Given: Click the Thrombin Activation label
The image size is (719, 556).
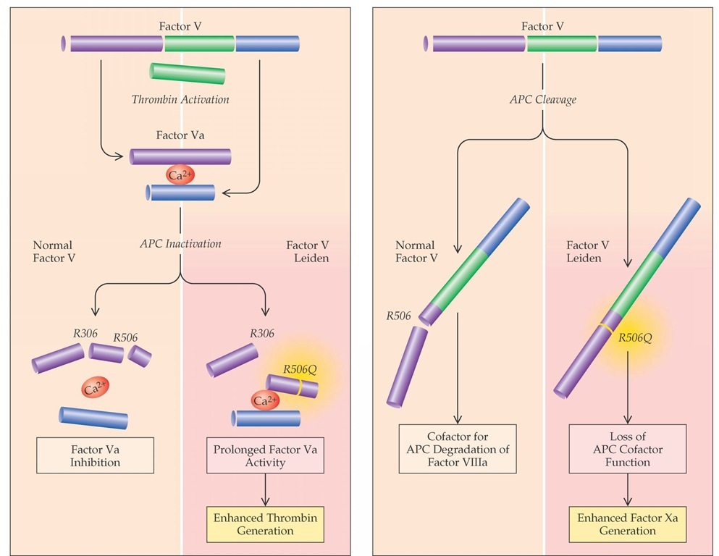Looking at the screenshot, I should point(180,99).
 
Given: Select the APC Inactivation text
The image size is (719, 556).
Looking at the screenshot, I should point(180,243).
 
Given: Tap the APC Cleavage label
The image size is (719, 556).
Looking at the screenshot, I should point(542,99).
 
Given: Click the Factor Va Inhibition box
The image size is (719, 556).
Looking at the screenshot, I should point(96,455).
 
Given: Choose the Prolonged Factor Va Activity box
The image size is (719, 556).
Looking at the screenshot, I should point(265,455).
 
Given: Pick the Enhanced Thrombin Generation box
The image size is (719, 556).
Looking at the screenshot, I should point(265,524).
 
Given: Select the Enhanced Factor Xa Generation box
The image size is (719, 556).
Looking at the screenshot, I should point(627,524).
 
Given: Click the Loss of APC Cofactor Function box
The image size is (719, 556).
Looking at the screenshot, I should point(627,449).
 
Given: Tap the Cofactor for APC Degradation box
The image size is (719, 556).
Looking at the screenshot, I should point(458,449).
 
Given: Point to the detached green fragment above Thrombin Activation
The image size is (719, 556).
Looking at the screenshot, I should point(188,73).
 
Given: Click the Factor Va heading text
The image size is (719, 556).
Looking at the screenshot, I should point(180,135).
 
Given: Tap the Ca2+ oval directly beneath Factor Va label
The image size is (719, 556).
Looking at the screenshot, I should point(180,174).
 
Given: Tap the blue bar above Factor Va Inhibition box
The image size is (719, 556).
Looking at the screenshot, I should point(94,417).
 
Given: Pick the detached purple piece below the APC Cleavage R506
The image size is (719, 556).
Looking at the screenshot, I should point(406,366).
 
